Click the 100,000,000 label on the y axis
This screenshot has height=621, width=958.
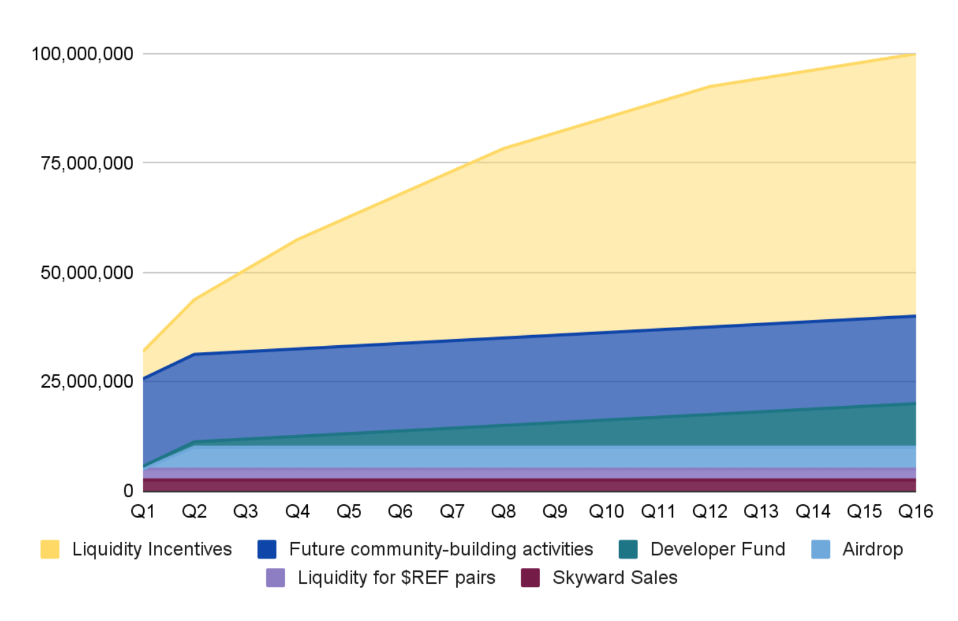pos(83,54)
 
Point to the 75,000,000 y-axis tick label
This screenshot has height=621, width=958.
pos(87,163)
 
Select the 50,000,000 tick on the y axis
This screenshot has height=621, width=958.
pos(87,273)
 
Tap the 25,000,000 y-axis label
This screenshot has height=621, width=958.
pos(87,381)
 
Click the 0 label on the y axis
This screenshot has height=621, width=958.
pos(128,490)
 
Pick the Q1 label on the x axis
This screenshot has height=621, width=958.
pos(143,511)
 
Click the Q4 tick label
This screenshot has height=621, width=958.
pos(297,511)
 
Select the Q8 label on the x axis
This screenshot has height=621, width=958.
pos(503,511)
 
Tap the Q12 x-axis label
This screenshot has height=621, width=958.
pos(709,511)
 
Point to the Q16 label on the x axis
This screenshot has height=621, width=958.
pos(915,511)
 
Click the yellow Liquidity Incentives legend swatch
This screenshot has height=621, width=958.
pos(50,549)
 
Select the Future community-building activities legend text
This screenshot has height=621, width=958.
pos(441,549)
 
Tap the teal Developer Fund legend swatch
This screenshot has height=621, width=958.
pos(628,549)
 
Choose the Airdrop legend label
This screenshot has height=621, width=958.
pos(872,549)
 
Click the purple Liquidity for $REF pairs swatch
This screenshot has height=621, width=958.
pos(276,577)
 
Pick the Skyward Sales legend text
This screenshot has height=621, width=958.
pos(615,577)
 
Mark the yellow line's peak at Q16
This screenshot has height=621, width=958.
pos(915,54)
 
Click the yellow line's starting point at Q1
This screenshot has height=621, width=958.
pos(144,350)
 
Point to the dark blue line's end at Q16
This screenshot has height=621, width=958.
pos(915,316)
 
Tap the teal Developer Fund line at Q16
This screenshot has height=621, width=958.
pos(915,403)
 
